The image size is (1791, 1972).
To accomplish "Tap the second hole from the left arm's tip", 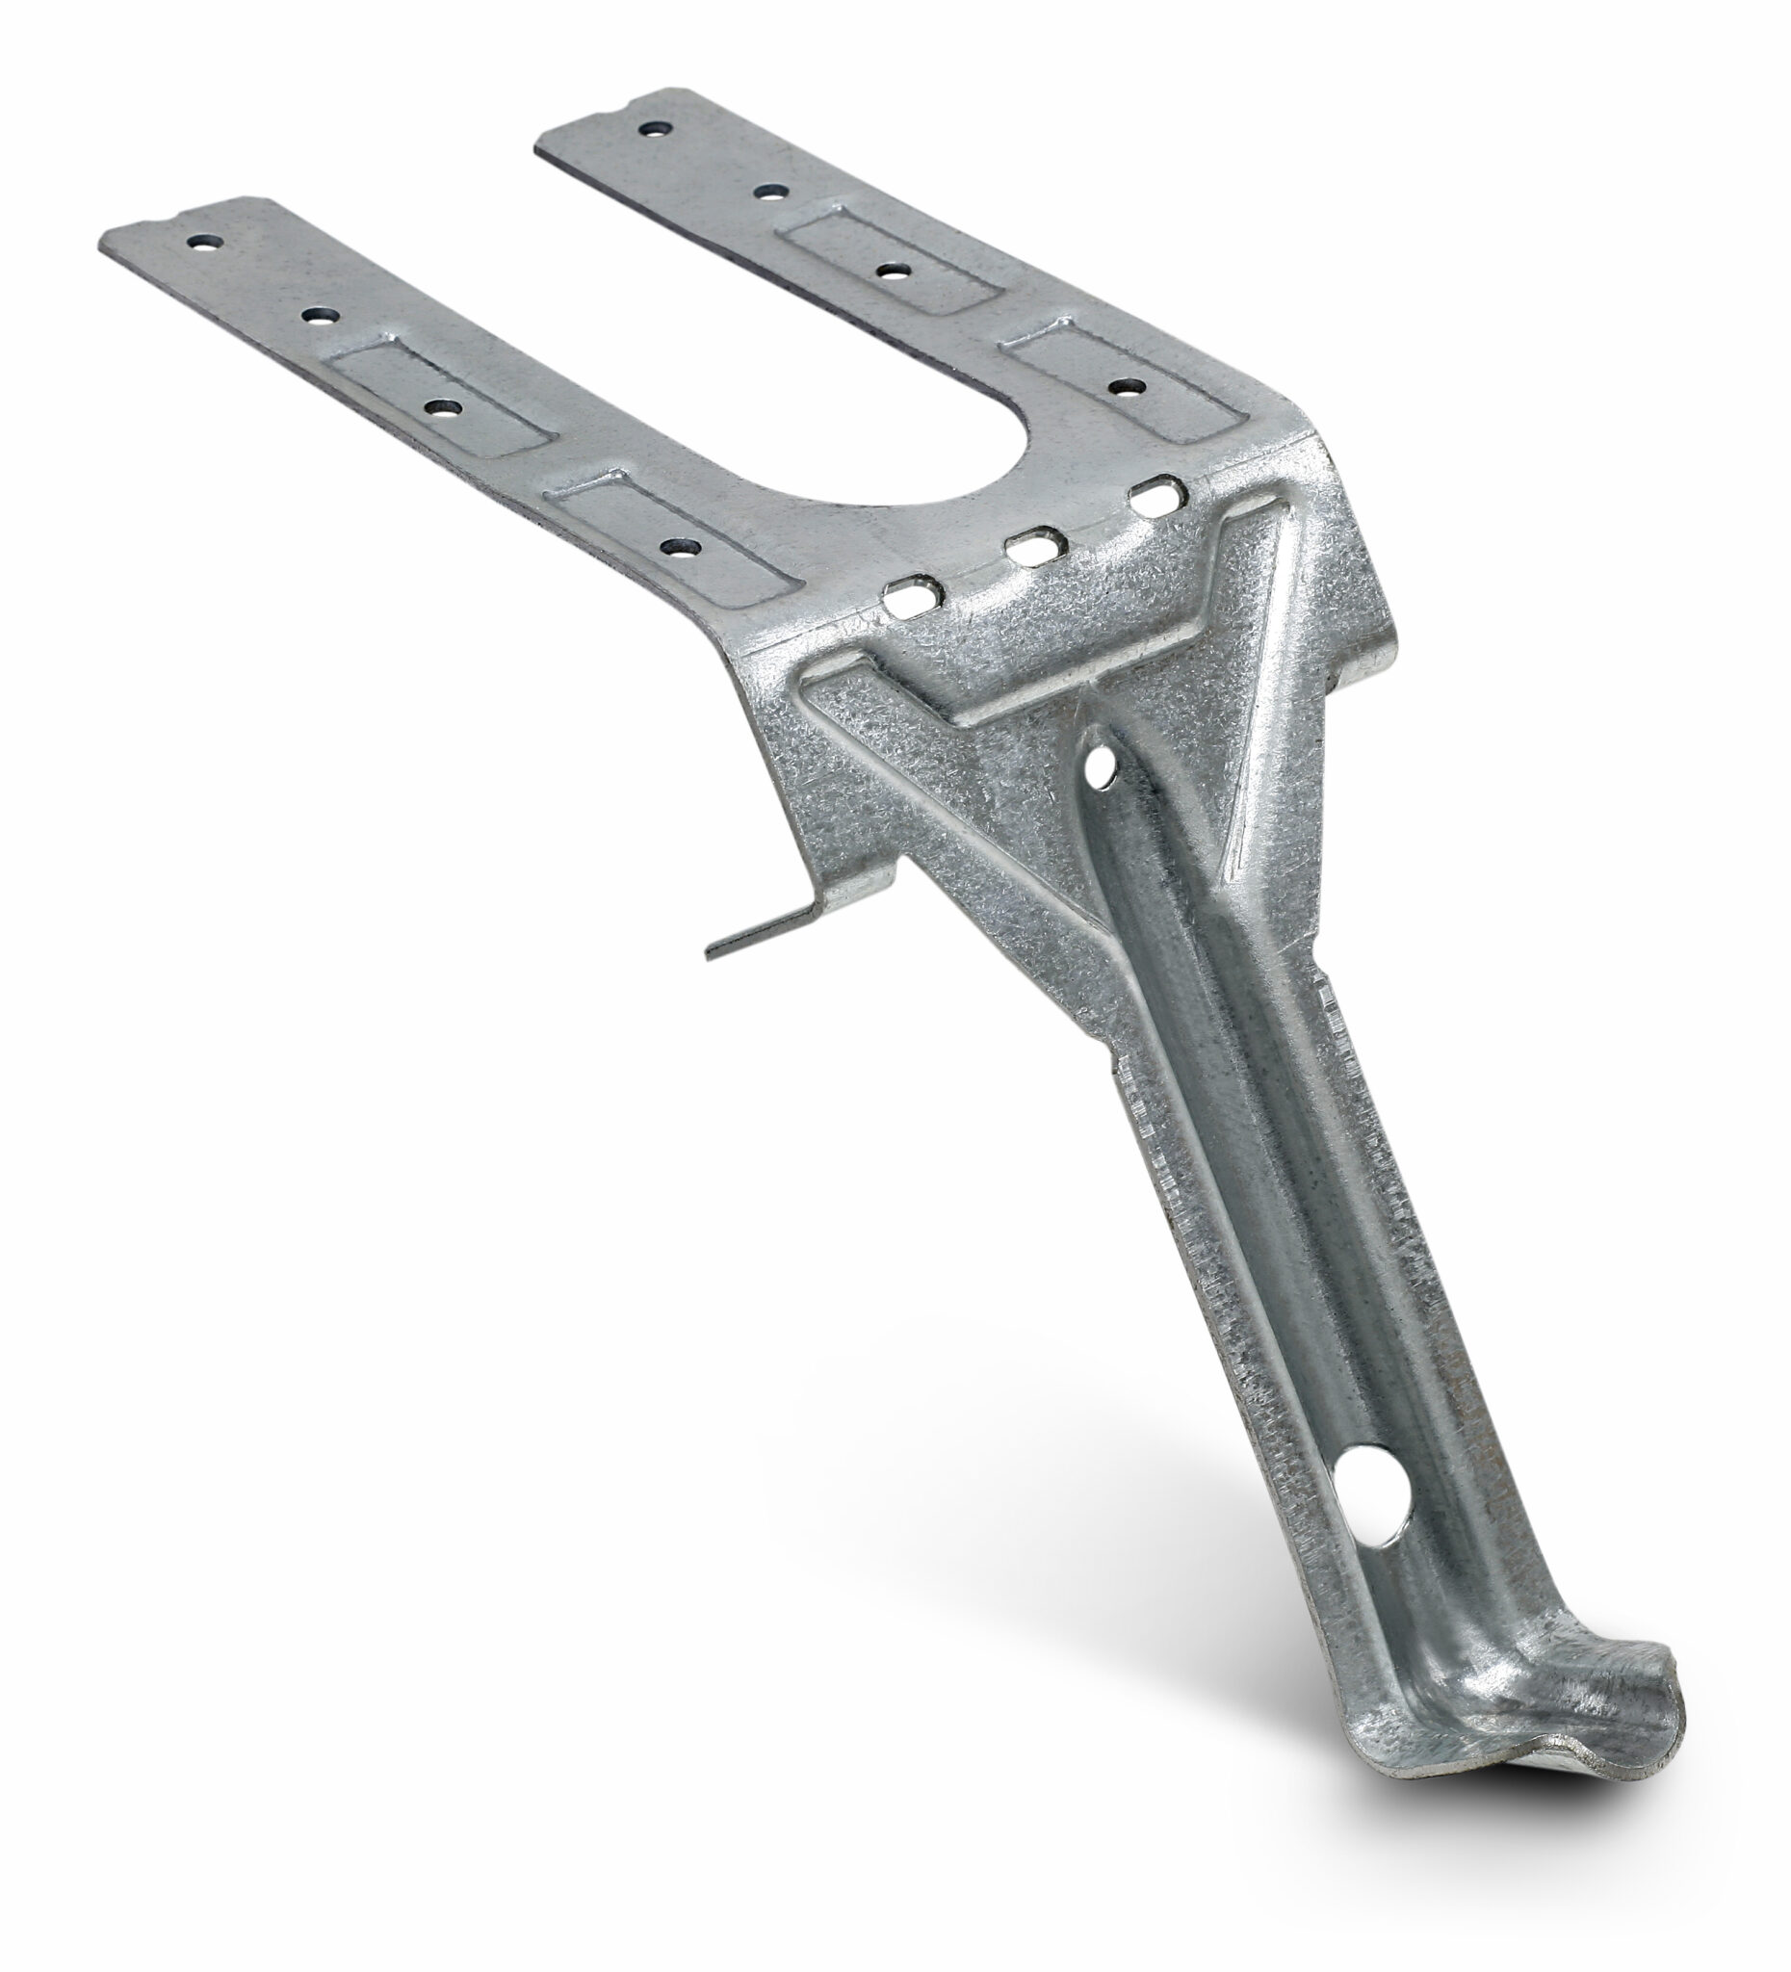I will pyautogui.click(x=318, y=315).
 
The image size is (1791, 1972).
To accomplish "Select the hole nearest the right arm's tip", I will pyautogui.click(x=655, y=128).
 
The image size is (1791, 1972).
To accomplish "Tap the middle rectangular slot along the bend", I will pyautogui.click(x=1037, y=546).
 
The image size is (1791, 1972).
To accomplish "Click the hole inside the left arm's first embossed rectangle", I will pyautogui.click(x=442, y=408).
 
